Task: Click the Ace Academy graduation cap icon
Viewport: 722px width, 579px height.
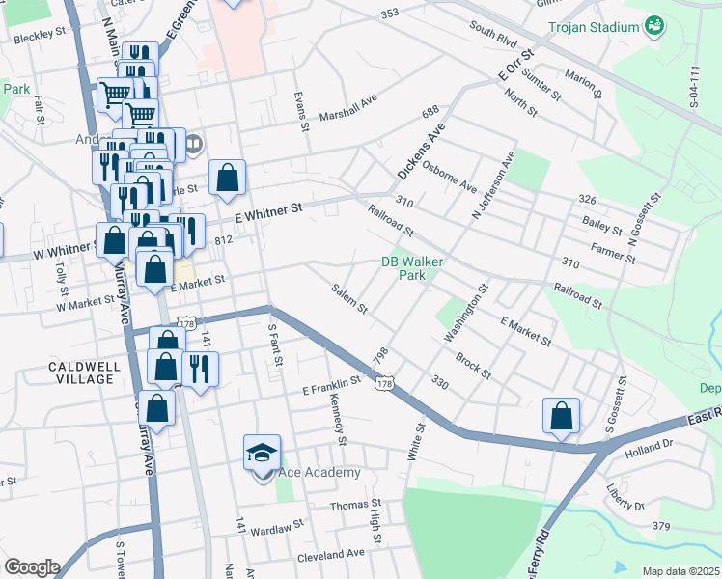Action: pyautogui.click(x=262, y=453)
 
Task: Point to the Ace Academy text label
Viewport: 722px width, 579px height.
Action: pyautogui.click(x=319, y=472)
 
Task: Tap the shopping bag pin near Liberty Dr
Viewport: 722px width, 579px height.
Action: pyautogui.click(x=561, y=417)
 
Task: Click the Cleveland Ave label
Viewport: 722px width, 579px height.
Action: pyautogui.click(x=331, y=554)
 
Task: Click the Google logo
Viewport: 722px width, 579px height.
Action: pyautogui.click(x=32, y=567)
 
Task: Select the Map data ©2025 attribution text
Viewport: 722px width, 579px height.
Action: pyautogui.click(x=680, y=571)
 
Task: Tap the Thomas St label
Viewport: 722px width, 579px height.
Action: pyautogui.click(x=356, y=505)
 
